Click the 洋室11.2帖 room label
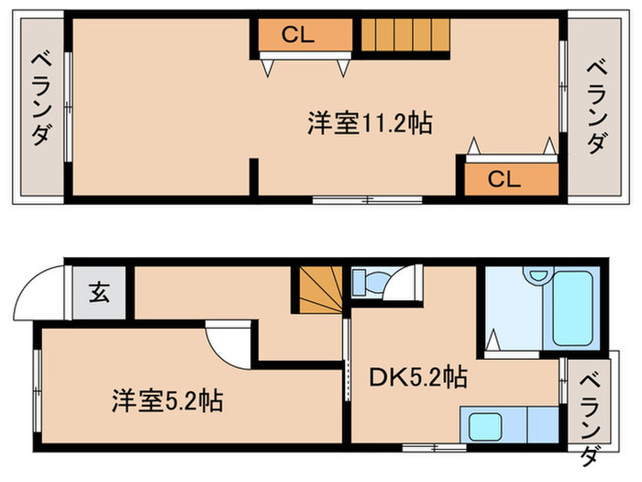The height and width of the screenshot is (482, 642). pyautogui.click(x=370, y=125)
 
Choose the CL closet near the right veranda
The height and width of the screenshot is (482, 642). pyautogui.click(x=509, y=179)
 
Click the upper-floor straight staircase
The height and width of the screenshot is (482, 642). pyautogui.click(x=403, y=37)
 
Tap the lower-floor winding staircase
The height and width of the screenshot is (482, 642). pyautogui.click(x=316, y=292)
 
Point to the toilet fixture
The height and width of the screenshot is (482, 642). pyautogui.click(x=371, y=282)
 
